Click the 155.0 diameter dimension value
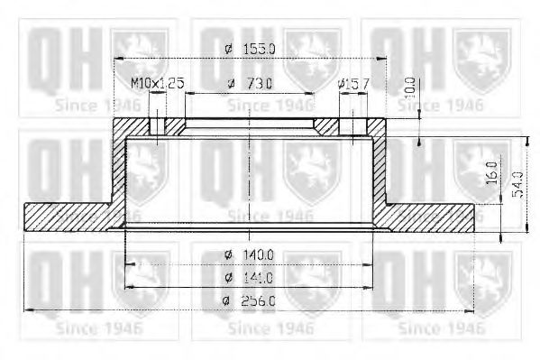pos(261,48)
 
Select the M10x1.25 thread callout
pos(157,83)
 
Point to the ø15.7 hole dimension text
pos(352,83)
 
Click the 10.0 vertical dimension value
pos(411,87)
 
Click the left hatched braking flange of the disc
pos(68,216)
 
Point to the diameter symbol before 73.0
pos(232,83)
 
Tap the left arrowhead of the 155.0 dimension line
pos(118,59)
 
